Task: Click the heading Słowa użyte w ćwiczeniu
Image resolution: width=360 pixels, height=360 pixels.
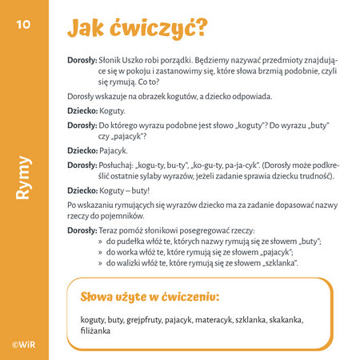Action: click(150, 297)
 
